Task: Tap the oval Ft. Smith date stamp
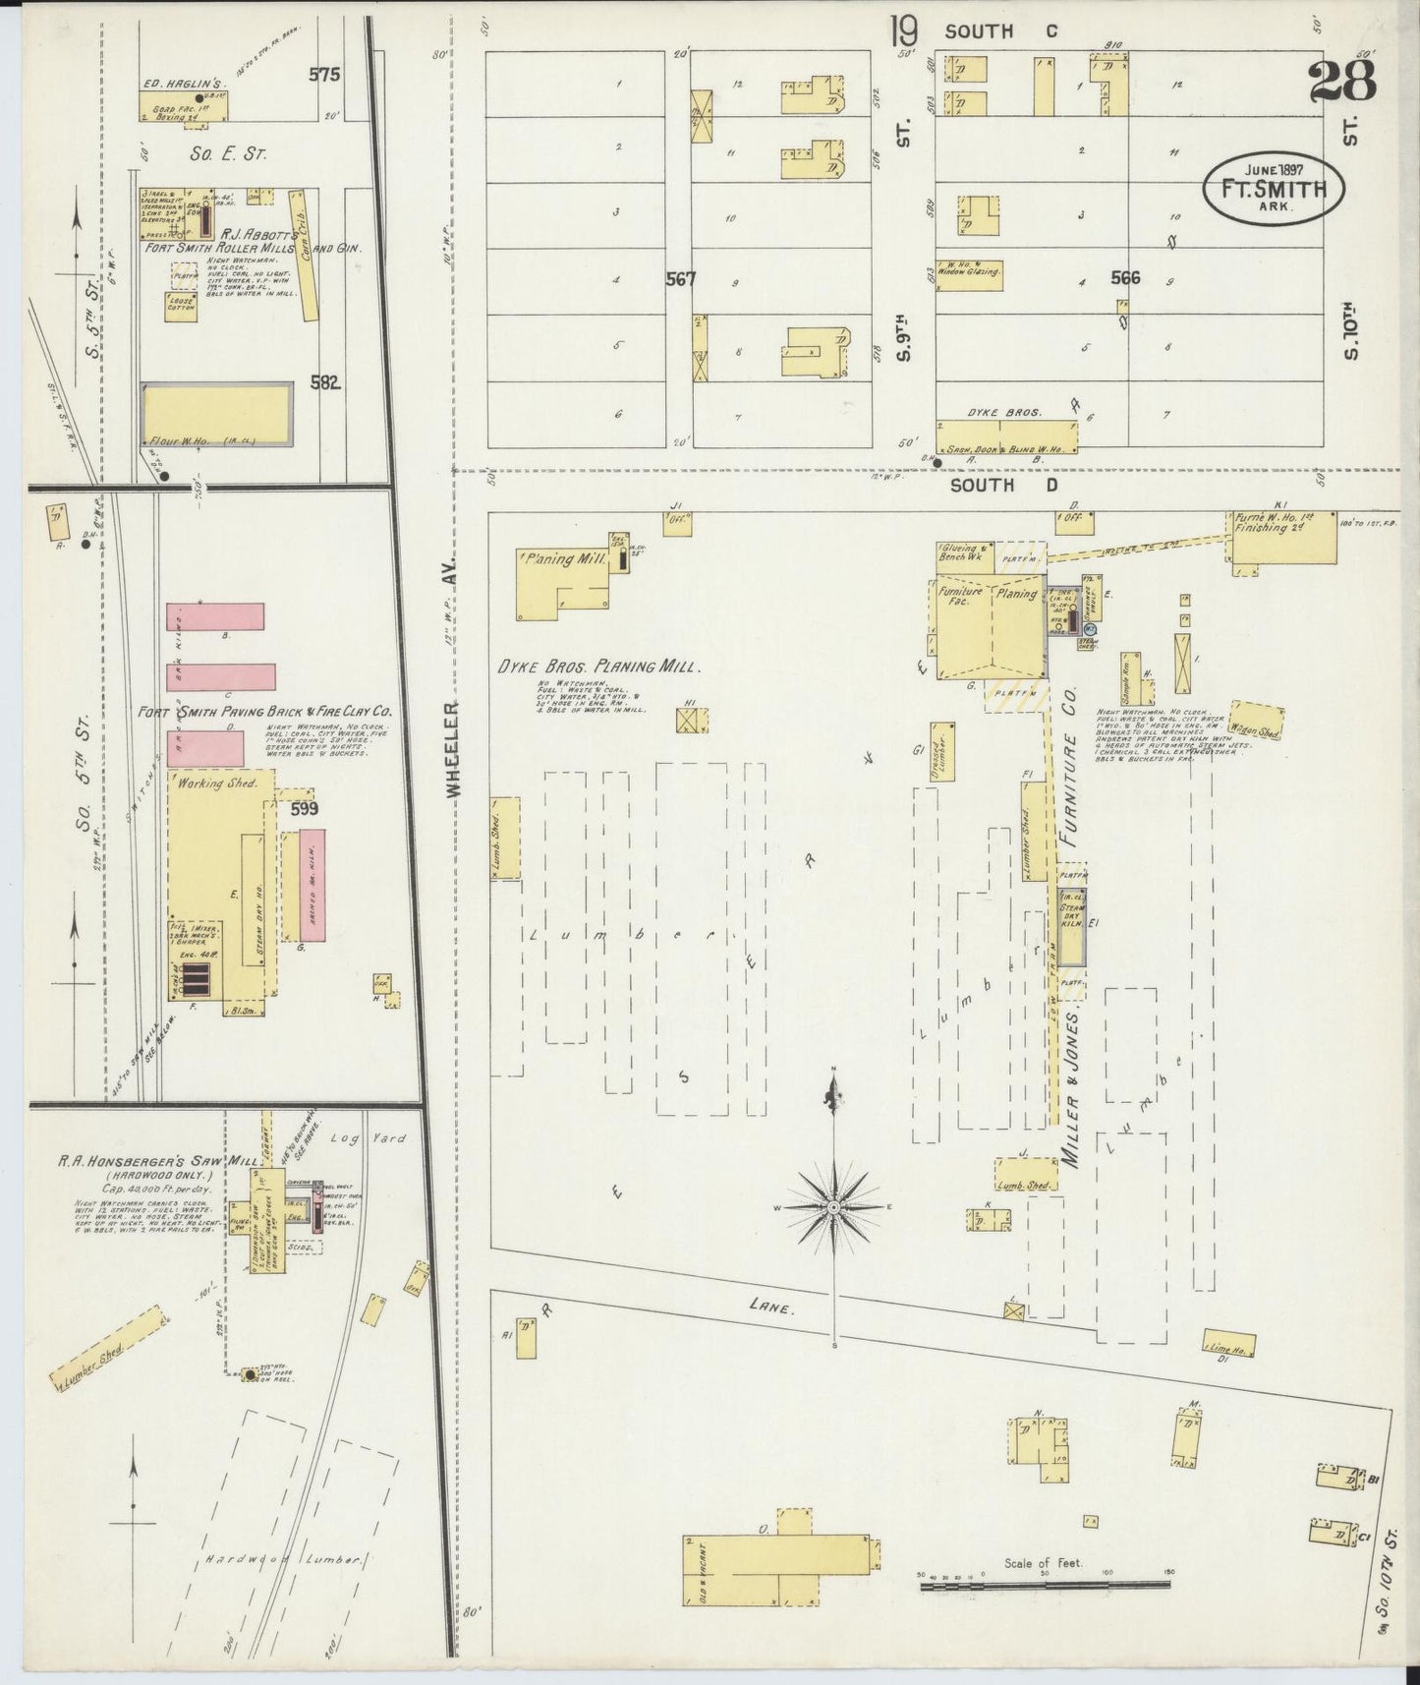point(1274,187)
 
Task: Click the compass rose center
point(833,1205)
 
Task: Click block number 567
point(680,279)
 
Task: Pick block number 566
point(1124,278)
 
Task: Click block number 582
point(325,382)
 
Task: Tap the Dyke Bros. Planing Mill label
point(598,667)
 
